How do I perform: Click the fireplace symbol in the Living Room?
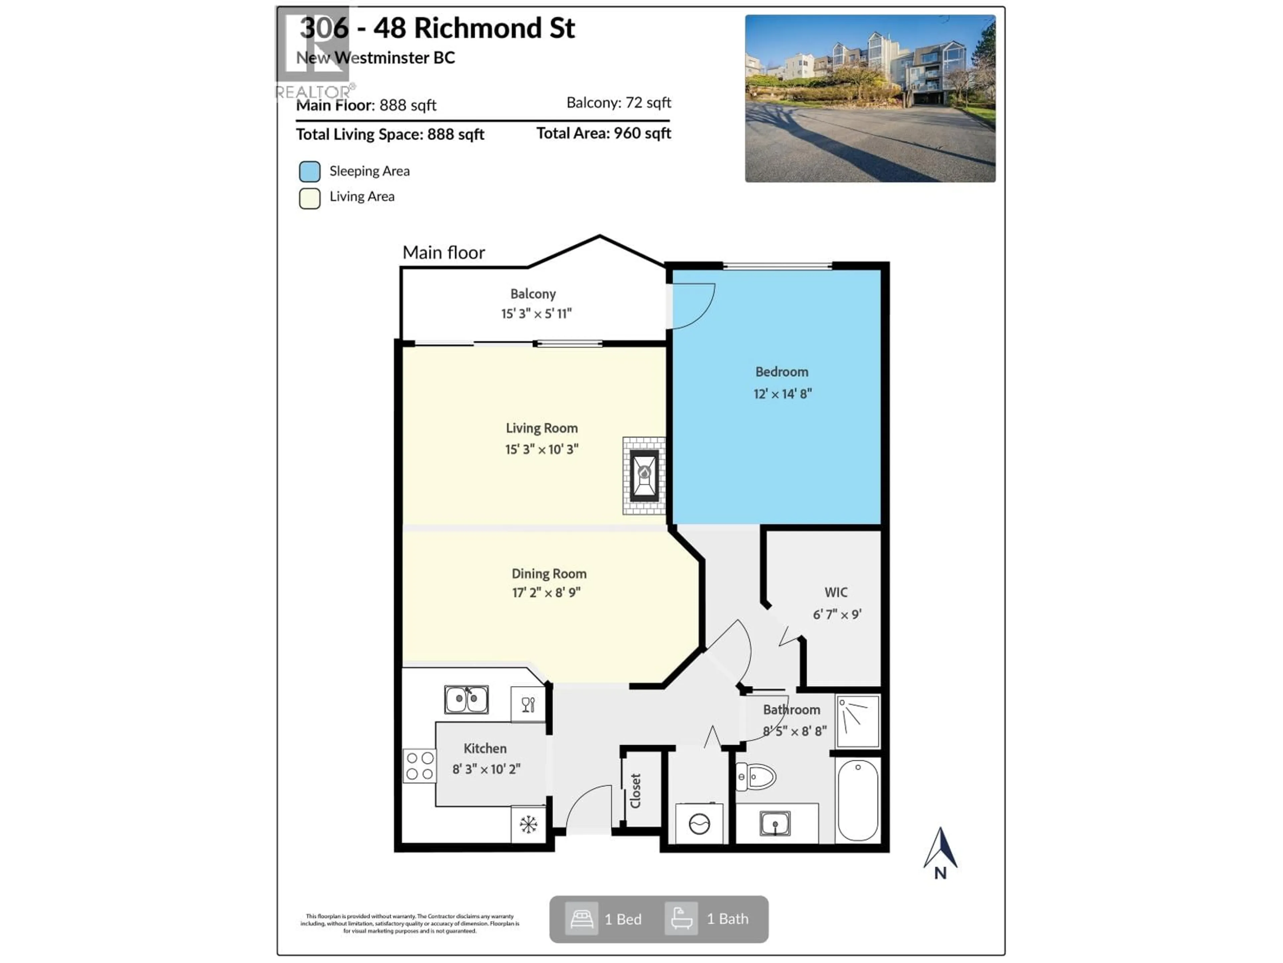[x=644, y=475]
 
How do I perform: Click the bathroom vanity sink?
[x=775, y=824]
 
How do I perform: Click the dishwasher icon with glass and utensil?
[x=528, y=705]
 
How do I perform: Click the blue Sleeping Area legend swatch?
[x=310, y=171]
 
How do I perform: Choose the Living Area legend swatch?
[x=310, y=198]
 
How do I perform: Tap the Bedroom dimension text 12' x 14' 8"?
[x=782, y=394]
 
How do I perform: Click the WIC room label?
[x=836, y=593]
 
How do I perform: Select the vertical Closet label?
[x=636, y=790]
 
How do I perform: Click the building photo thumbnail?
[x=870, y=99]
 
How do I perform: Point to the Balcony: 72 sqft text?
[x=618, y=103]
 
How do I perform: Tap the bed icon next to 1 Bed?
[x=581, y=919]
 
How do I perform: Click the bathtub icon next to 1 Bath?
[x=681, y=919]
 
